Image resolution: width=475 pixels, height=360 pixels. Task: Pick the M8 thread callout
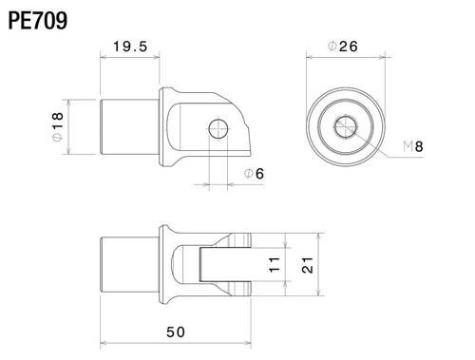point(412,145)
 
